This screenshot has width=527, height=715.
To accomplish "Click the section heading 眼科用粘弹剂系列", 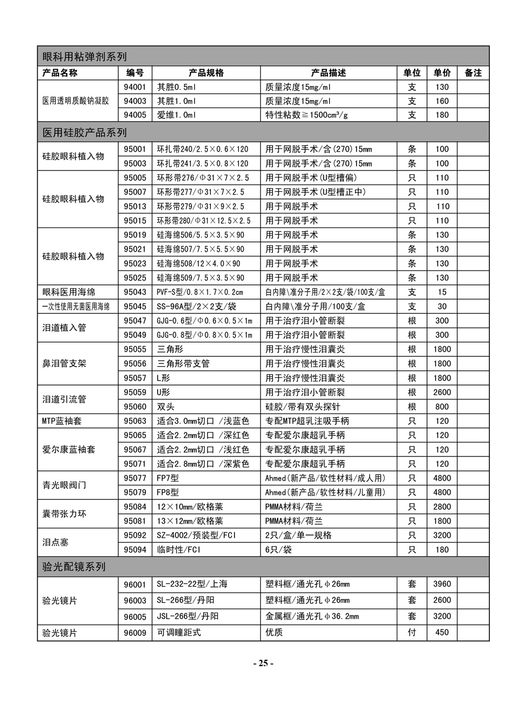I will [84, 56].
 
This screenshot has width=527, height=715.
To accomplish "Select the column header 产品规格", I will [206, 73].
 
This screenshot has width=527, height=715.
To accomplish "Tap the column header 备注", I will [473, 73].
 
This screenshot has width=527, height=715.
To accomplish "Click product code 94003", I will [135, 101].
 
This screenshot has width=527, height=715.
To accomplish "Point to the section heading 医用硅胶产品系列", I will [84, 132].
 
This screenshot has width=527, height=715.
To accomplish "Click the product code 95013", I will [135, 206].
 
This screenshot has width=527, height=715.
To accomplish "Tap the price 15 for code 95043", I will [442, 292].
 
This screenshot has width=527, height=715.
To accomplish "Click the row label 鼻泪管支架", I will [64, 363].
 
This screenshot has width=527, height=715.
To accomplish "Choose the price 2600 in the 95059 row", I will [442, 392].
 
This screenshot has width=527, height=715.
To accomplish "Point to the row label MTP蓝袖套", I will [62, 421].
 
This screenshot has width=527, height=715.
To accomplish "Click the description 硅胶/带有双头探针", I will [303, 407].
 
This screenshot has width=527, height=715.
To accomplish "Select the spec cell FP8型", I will [168, 492].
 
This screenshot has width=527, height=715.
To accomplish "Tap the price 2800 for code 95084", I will [442, 507].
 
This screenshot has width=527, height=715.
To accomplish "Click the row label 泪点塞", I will [55, 542].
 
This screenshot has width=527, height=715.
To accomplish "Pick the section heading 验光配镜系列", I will [74, 567].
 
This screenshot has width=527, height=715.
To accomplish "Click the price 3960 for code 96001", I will [442, 584].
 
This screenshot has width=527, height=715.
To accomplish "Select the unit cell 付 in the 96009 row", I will [412, 633].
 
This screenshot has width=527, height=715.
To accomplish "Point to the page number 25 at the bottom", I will [263, 663].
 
